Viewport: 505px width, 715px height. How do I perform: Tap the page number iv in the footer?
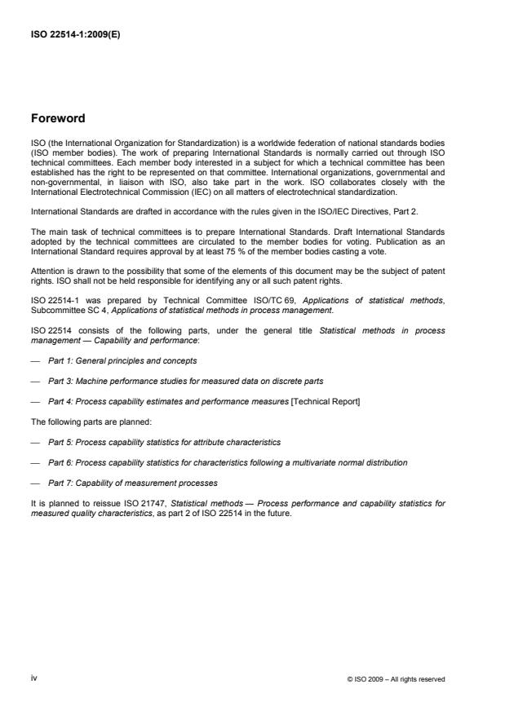33,677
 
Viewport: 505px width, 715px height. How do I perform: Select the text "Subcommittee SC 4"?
67,307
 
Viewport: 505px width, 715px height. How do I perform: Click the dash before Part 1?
35,360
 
